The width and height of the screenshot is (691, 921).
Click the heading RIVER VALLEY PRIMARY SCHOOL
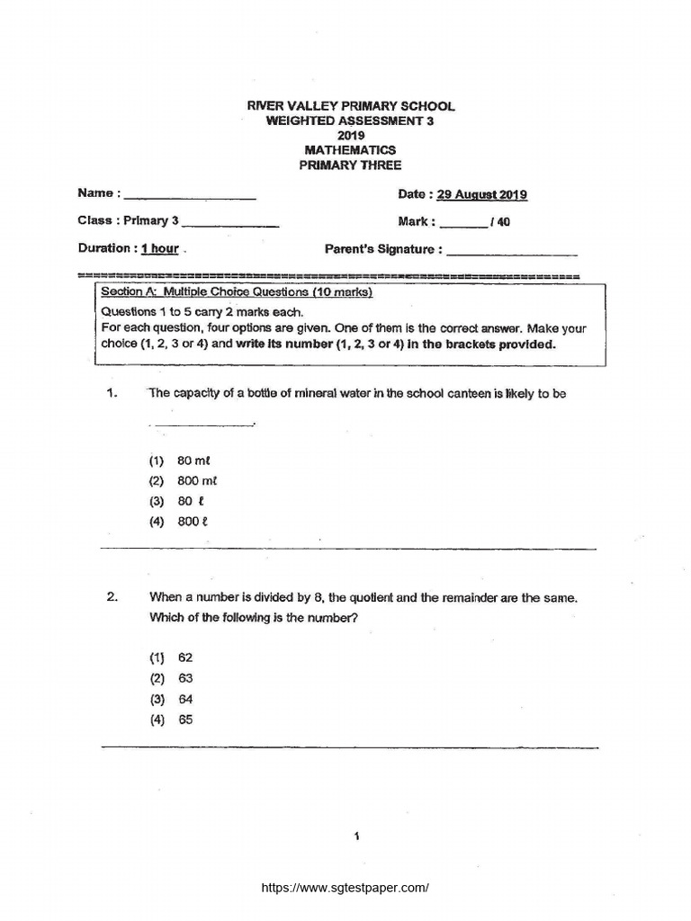(x=351, y=106)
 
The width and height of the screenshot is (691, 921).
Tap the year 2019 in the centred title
(x=351, y=136)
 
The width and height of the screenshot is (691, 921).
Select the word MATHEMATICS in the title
(x=351, y=150)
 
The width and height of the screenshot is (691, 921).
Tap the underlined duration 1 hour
(x=160, y=249)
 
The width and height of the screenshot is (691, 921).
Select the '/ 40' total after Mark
(x=500, y=222)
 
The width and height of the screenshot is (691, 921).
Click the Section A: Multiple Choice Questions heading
(x=237, y=292)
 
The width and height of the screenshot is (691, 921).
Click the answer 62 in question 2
(x=185, y=657)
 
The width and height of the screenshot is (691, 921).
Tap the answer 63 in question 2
(x=185, y=678)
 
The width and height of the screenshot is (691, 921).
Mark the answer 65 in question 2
(x=185, y=720)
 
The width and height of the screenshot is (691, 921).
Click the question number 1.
(x=112, y=393)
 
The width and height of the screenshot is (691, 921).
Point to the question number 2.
(x=112, y=597)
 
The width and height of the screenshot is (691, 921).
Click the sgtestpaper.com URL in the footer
(x=345, y=887)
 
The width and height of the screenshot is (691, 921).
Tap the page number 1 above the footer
(x=357, y=837)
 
